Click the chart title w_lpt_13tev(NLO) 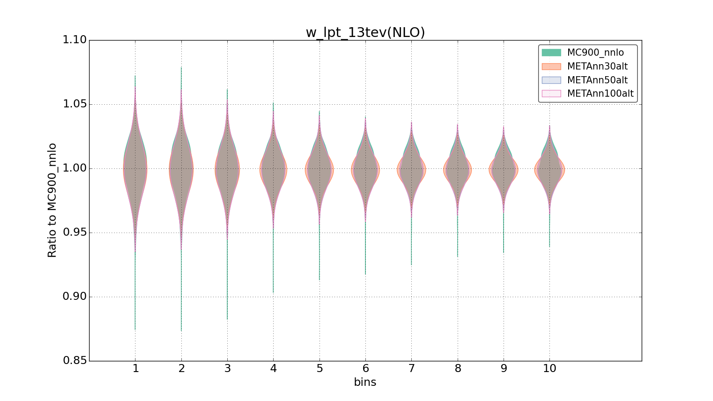[365, 33]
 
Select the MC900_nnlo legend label [595, 53]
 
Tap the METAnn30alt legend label [597, 66]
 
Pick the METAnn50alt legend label [597, 80]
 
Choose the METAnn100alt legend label [600, 94]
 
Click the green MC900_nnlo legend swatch [551, 53]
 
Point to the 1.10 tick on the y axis [74, 40]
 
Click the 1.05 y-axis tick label [74, 104]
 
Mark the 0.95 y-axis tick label [74, 233]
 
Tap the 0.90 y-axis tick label [74, 297]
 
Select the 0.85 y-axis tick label [74, 360]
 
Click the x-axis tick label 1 [135, 368]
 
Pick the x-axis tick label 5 [320, 368]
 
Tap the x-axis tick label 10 [549, 368]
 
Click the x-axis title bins [365, 382]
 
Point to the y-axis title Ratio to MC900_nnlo [52, 200]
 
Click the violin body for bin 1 [135, 169]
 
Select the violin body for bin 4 [273, 169]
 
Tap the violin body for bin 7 [411, 169]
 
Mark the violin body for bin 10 [549, 169]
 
